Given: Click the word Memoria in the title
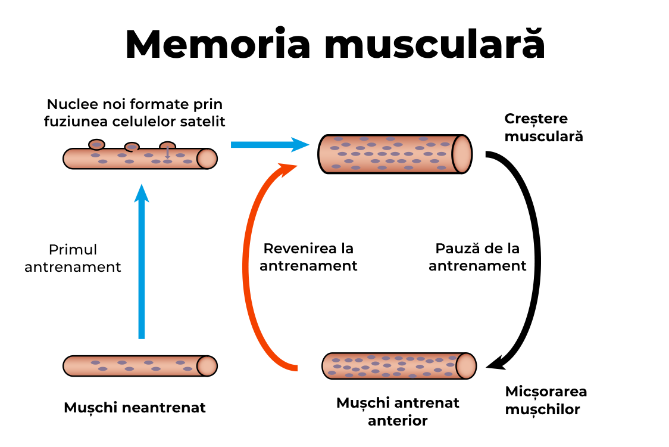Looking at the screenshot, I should [x=218, y=44].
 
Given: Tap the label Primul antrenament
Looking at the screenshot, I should [x=73, y=258].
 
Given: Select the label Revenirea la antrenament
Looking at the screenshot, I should [x=308, y=257].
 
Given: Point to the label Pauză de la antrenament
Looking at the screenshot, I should [x=477, y=257].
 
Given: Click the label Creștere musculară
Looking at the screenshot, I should [x=543, y=128].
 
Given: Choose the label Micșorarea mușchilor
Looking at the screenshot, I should [x=546, y=401].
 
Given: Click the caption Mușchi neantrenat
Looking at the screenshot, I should [x=135, y=408].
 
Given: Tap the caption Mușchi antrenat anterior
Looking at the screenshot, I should [x=398, y=412].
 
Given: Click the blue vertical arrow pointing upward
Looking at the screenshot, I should [x=141, y=262].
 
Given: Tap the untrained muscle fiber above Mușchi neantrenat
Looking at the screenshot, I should [x=140, y=365].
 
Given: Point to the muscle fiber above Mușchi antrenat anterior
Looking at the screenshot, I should [x=399, y=365].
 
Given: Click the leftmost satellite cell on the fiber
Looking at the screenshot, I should [x=96, y=144].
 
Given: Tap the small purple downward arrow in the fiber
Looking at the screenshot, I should [x=167, y=153].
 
